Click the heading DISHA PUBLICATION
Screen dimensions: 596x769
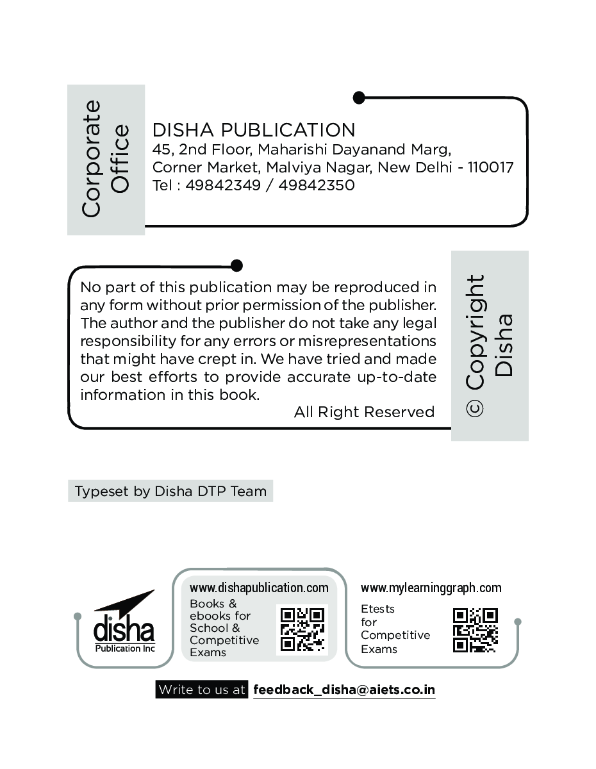pos(254,130)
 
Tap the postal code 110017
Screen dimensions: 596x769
pos(490,168)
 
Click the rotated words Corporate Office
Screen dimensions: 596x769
pos(106,159)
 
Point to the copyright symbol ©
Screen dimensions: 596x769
pos(476,408)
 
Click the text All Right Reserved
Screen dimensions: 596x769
pos(364,412)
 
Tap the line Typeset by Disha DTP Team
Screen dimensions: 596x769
pos(170,492)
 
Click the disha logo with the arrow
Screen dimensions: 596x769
pos(124,621)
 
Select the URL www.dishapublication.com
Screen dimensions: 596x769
pos(259,588)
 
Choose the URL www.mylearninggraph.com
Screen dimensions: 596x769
pos(431,588)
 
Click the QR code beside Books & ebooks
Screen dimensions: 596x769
pos(302,629)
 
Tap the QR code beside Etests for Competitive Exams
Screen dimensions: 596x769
pos(476,630)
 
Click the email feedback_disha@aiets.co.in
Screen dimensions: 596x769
pos(344,690)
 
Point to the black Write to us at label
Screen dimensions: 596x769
pos(202,690)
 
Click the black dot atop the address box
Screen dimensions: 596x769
pos(359,97)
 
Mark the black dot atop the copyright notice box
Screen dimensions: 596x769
pos(236,265)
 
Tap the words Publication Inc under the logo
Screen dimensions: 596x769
pos(125,648)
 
